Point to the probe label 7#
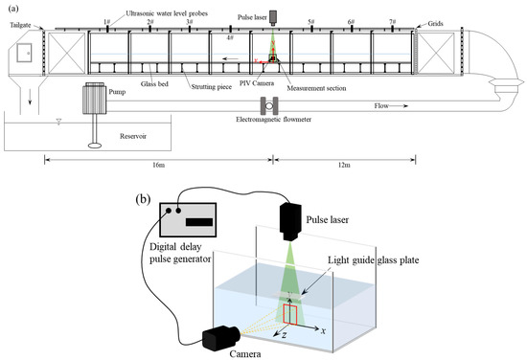pyautogui.click(x=391, y=20)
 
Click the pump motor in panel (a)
pyautogui.click(x=97, y=98)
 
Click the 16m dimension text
pyautogui.click(x=158, y=164)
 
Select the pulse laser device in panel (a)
pyautogui.click(x=274, y=17)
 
